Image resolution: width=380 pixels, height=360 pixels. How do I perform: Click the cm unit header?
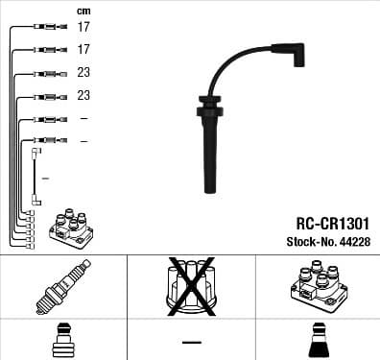pos(83,10)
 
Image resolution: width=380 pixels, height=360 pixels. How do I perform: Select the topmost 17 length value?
pos(83,27)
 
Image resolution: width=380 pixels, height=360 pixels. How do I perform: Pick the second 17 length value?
pos(83,49)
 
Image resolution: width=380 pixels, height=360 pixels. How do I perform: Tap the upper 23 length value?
pos(83,73)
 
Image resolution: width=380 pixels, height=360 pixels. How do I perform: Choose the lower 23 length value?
pos(83,96)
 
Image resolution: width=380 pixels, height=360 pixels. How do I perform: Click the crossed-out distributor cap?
pos(190,286)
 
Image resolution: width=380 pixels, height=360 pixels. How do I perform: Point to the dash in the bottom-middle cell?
pos(190,343)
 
